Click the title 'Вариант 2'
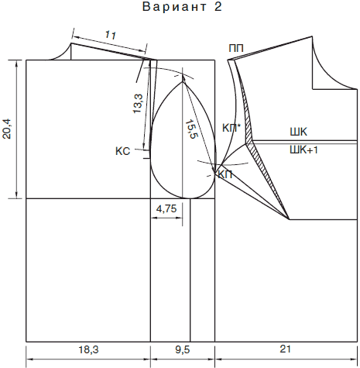(182, 7)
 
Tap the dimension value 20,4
(7, 129)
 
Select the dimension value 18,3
(88, 350)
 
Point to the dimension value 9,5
(183, 350)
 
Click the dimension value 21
(285, 349)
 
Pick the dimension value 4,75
(166, 208)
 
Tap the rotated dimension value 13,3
(138, 103)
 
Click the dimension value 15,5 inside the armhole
(191, 129)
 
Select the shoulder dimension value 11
(111, 35)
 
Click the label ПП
(236, 48)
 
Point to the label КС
(123, 151)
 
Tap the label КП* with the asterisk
(231, 128)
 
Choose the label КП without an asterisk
(225, 175)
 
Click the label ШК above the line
(299, 132)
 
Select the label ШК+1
(303, 150)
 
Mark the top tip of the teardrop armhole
(183, 82)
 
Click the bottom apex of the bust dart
(289, 219)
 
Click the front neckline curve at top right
(327, 75)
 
